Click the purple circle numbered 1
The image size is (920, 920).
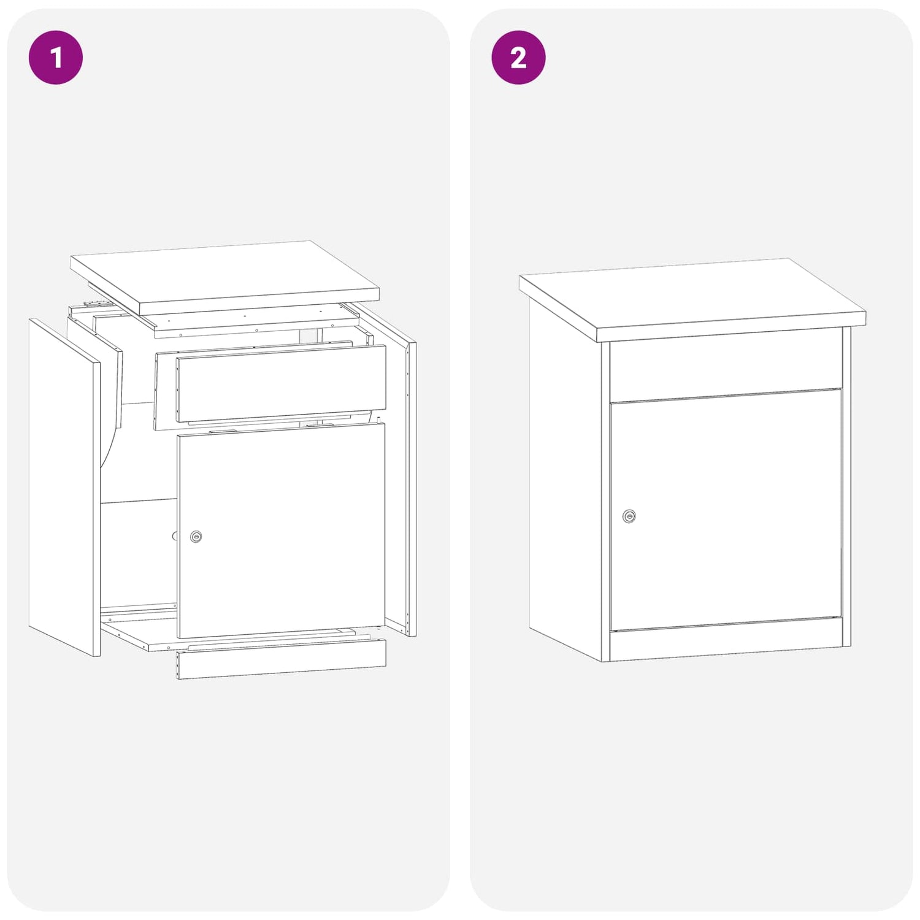(56, 57)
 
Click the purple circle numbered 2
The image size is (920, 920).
(518, 57)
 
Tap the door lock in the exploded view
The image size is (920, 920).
(196, 537)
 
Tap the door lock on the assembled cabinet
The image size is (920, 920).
(629, 516)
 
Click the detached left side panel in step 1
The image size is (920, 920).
(64, 488)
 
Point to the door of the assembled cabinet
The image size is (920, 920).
(726, 510)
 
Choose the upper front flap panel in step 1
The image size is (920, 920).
(281, 383)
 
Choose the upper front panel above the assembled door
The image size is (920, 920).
(726, 366)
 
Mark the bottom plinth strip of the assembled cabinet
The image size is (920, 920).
(726, 644)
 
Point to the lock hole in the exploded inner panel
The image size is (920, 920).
(175, 536)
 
